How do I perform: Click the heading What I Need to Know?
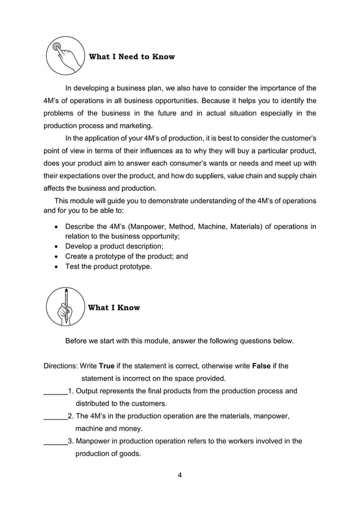pos(132,56)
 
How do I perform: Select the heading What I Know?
pos(115,308)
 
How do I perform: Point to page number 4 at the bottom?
pos(179,475)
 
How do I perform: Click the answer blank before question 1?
pos(55,391)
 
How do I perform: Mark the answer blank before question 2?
pos(55,416)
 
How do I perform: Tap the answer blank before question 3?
pos(55,441)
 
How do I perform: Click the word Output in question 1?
pos(88,391)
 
